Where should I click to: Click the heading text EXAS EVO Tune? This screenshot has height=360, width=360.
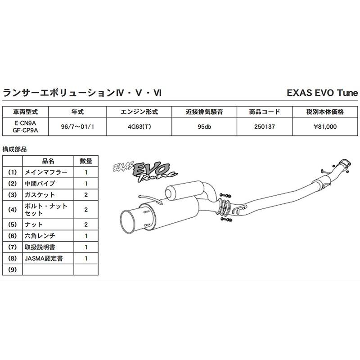click(x=322, y=93)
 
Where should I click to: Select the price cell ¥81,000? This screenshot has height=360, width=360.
click(x=325, y=127)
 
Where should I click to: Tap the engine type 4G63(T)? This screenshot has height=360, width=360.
click(x=139, y=127)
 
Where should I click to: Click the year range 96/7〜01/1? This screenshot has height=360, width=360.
click(x=77, y=127)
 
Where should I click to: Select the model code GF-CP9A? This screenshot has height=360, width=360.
click(x=25, y=130)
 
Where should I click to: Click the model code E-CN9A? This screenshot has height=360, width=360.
click(x=25, y=123)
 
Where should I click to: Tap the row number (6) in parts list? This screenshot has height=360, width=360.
click(x=12, y=235)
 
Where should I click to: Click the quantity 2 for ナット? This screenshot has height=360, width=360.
click(x=86, y=224)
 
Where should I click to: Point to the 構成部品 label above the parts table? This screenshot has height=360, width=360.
click(x=15, y=148)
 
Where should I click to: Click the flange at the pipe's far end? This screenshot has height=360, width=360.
click(x=344, y=164)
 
